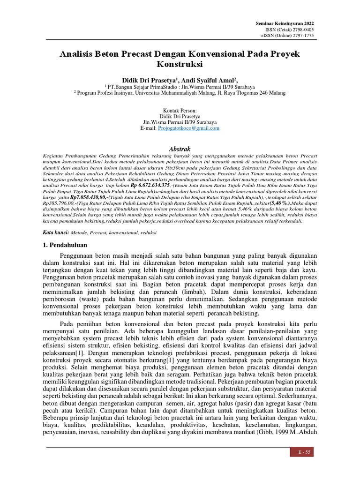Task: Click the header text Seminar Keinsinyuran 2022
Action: point(285,23)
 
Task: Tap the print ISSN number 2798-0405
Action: point(300,30)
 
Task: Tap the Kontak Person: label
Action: point(180,110)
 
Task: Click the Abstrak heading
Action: point(180,149)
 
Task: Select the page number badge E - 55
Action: point(300,452)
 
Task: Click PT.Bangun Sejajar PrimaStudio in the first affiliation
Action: point(144,87)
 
